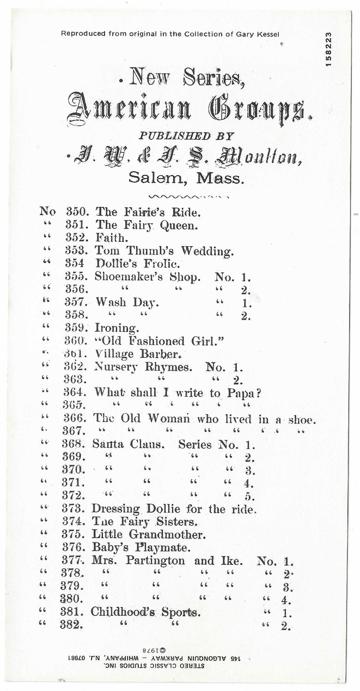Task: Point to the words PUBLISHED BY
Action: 186,136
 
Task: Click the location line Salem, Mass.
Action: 186,178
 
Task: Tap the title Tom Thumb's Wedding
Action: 164,251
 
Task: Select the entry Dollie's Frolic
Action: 137,263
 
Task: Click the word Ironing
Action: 117,329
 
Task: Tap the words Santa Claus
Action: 128,444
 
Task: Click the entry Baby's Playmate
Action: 141,548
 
